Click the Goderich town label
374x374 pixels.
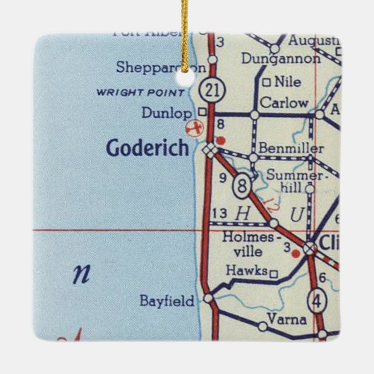coord(148,148)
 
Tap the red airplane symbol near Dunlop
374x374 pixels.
coord(192,128)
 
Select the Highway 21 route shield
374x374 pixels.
coord(210,89)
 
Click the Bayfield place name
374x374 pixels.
coord(167,301)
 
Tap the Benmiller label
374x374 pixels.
coord(291,149)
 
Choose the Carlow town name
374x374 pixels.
coord(284,103)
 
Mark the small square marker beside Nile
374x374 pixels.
coord(266,83)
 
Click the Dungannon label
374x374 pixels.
coord(276,60)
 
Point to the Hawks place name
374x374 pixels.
coord(246,270)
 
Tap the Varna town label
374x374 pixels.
coord(289,320)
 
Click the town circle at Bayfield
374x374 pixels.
coord(207,299)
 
